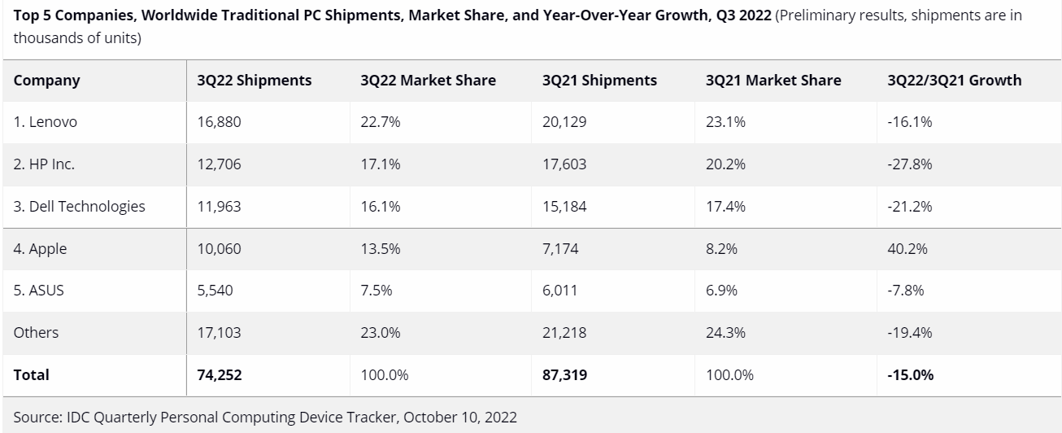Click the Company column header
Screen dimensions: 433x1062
click(46, 81)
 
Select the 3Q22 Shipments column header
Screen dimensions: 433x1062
click(254, 81)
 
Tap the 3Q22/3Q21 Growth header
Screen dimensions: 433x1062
click(955, 81)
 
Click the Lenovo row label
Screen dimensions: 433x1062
click(46, 123)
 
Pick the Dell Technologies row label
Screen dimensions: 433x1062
click(80, 207)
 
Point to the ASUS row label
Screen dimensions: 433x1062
click(38, 291)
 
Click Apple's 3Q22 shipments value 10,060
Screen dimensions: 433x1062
click(219, 249)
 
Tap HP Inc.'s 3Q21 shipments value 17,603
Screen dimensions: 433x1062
click(564, 164)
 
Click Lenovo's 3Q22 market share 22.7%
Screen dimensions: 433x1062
click(380, 123)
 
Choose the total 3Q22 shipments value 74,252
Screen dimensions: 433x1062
click(220, 374)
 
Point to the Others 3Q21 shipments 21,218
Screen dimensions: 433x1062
click(564, 333)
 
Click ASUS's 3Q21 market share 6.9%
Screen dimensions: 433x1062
click(721, 291)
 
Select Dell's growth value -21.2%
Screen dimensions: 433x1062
click(910, 207)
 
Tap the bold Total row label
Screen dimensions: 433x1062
click(31, 374)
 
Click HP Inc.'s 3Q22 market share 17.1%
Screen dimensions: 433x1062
click(380, 164)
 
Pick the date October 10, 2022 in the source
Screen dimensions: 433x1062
click(459, 418)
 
